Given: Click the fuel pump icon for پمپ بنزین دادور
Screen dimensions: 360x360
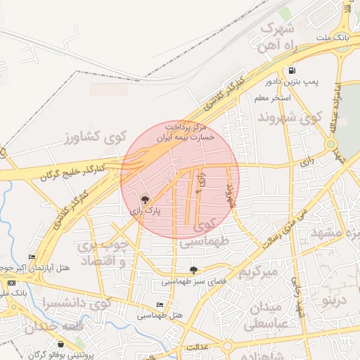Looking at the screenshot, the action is (292, 70).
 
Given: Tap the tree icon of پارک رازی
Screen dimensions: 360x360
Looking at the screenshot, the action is (146, 200).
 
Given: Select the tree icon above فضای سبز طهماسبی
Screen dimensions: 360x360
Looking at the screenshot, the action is (193, 270).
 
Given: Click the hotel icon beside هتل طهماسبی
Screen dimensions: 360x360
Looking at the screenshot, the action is (160, 304).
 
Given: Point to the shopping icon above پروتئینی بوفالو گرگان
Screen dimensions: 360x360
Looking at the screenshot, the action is (61, 345).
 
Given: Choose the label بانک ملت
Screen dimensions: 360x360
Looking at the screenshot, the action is (333, 37).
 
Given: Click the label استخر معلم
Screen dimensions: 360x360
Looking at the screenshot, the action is (274, 97).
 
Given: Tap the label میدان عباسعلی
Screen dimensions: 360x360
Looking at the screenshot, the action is (266, 315).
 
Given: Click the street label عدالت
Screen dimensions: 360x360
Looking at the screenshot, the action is (198, 347).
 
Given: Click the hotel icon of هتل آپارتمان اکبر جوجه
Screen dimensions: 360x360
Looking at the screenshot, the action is (32, 257).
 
